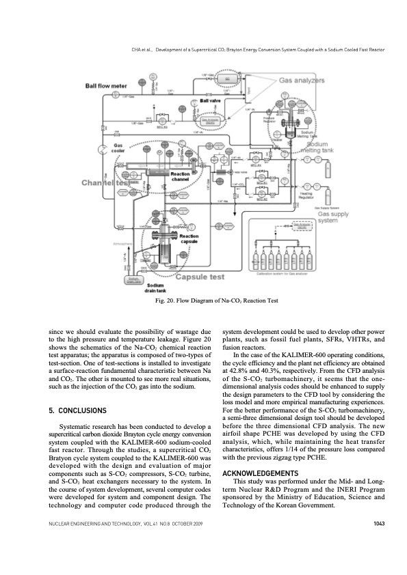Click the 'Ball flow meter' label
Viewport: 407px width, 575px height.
(107, 87)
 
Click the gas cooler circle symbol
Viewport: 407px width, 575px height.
(101, 147)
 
